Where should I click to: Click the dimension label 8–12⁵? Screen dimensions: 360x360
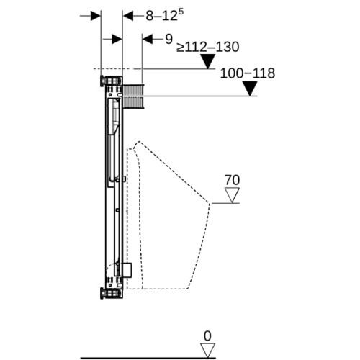(x=165, y=16)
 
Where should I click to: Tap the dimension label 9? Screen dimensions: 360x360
(x=169, y=39)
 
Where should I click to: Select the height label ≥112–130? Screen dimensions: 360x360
(x=208, y=47)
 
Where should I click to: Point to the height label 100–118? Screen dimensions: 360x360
(x=248, y=73)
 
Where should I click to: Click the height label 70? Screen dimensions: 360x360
(x=232, y=180)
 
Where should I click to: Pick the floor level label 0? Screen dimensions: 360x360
(x=207, y=336)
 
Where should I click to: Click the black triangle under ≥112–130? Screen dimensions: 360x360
(x=208, y=61)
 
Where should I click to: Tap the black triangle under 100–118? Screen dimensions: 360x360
(x=250, y=89)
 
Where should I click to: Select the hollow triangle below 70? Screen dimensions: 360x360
(x=232, y=195)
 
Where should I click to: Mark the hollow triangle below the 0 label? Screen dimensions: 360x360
(x=207, y=351)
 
